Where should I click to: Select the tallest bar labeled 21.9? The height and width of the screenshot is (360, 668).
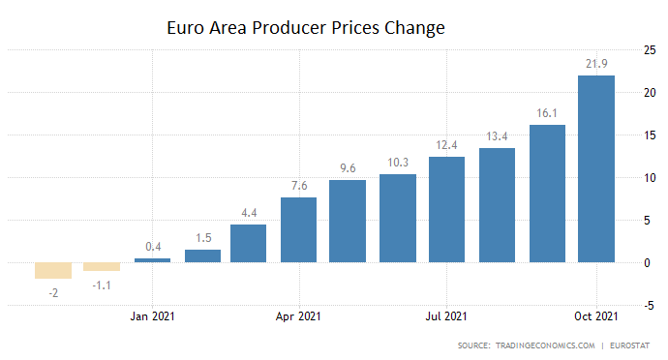[x=595, y=168]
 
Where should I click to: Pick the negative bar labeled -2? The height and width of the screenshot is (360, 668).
[x=53, y=270]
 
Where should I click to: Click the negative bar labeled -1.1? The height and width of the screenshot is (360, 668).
[x=102, y=266]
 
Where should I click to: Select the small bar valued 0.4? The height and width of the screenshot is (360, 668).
[x=152, y=259]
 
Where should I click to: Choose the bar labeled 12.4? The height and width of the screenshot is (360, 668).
[x=447, y=209]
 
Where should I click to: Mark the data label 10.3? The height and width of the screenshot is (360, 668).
[x=398, y=160]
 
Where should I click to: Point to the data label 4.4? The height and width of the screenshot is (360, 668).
[x=250, y=210]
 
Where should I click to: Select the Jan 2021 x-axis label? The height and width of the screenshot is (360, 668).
[x=152, y=315]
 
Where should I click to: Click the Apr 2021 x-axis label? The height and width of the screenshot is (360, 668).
[x=299, y=315]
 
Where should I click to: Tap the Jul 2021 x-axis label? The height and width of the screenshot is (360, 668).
[x=447, y=315]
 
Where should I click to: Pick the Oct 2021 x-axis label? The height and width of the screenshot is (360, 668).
[x=595, y=315]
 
